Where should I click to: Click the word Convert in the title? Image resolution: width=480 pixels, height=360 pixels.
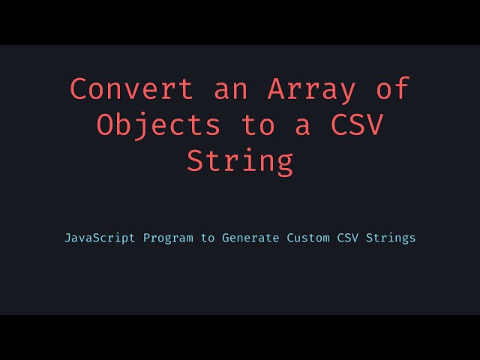coord(131,89)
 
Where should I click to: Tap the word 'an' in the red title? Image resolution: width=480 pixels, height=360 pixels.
coord(230,89)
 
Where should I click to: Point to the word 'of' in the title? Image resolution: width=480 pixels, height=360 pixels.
coord(392,89)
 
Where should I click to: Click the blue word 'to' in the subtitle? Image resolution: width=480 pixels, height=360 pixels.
coord(207,238)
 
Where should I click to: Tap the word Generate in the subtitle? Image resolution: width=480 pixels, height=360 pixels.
coord(250,238)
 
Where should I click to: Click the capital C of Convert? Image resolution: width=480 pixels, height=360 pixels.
coord(79,89)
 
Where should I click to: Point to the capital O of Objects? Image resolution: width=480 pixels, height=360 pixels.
coord(105,125)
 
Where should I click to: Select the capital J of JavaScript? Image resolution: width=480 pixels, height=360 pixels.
coord(67,238)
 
